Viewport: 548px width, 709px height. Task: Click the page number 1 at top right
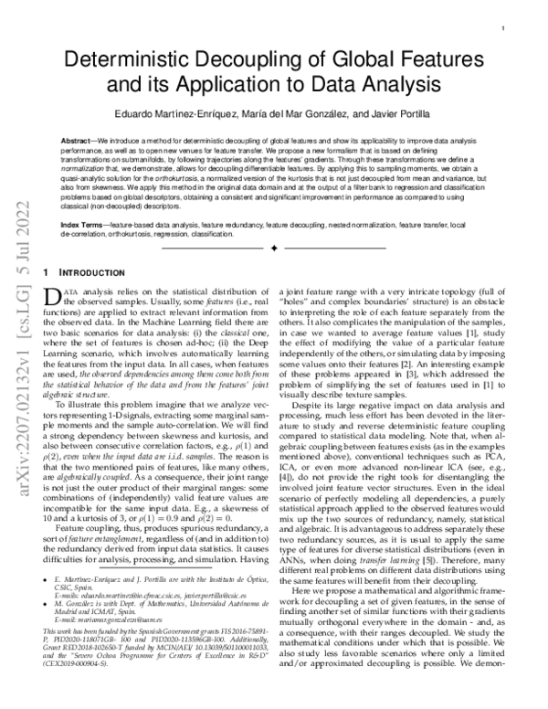pos(503,29)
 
